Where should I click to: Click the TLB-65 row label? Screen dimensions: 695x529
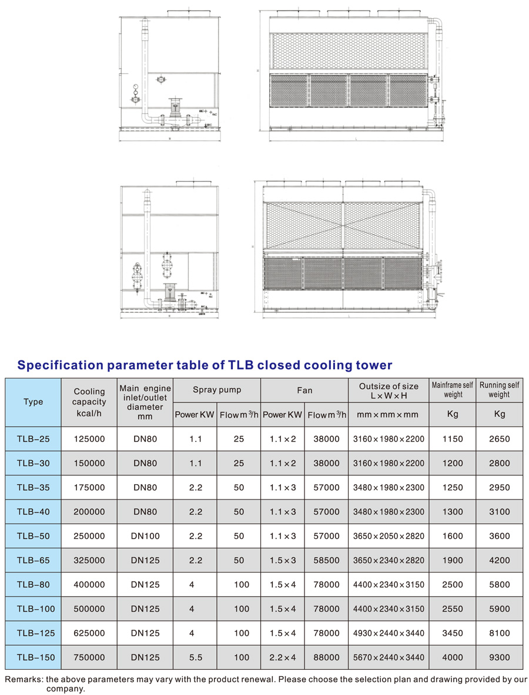click(33, 560)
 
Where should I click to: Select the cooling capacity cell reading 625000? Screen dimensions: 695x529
click(89, 633)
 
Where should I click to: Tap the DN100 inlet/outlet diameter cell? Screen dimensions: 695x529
click(145, 536)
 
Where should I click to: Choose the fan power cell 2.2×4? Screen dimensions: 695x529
click(283, 657)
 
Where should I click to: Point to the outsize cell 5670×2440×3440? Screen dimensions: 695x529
click(389, 657)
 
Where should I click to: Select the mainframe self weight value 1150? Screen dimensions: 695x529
click(453, 438)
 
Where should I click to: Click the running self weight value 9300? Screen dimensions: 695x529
click(499, 657)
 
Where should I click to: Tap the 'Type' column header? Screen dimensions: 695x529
click(33, 402)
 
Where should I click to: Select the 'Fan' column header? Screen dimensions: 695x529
click(304, 390)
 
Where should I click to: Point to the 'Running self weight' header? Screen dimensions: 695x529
click(499, 390)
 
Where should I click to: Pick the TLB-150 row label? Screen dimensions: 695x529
click(33, 657)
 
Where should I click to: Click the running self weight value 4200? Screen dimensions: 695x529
click(499, 560)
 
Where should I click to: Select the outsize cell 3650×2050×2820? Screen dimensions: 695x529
click(389, 536)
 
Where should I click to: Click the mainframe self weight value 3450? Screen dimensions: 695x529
click(453, 633)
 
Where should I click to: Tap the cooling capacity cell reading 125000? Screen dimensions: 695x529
click(89, 438)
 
